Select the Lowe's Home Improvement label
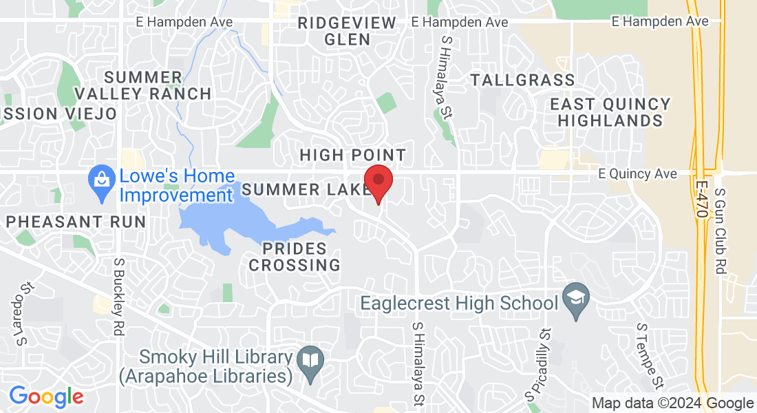coord(177,186)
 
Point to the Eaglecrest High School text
coord(459,303)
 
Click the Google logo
coord(46,396)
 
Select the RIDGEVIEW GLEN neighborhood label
coord(348,31)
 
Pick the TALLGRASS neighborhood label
coord(523,80)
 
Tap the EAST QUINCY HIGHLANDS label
coord(610,112)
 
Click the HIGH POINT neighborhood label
coord(353,156)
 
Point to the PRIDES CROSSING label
coord(295,255)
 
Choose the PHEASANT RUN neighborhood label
coord(76,222)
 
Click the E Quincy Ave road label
coord(637,174)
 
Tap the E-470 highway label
coord(701,200)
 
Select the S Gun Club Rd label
coord(721,232)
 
